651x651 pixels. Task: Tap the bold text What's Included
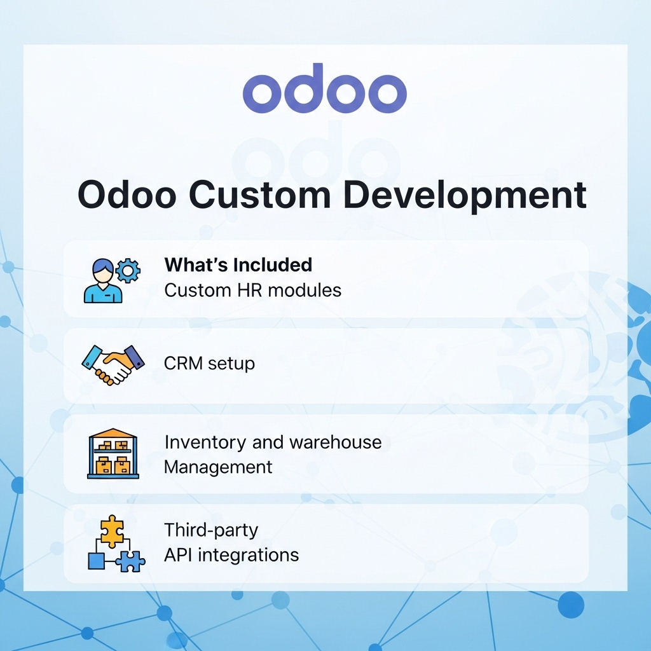(x=238, y=264)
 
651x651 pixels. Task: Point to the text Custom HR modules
(x=252, y=291)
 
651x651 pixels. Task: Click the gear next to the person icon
(x=129, y=271)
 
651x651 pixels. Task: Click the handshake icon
(x=113, y=364)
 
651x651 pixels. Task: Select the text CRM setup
(x=209, y=364)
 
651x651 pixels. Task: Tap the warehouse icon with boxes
(x=113, y=454)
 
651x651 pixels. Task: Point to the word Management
(x=218, y=467)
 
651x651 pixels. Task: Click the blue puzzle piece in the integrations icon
(x=131, y=561)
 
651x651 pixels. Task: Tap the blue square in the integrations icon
(x=95, y=561)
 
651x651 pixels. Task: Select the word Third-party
(x=211, y=530)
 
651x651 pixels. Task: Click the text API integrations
(x=231, y=555)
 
